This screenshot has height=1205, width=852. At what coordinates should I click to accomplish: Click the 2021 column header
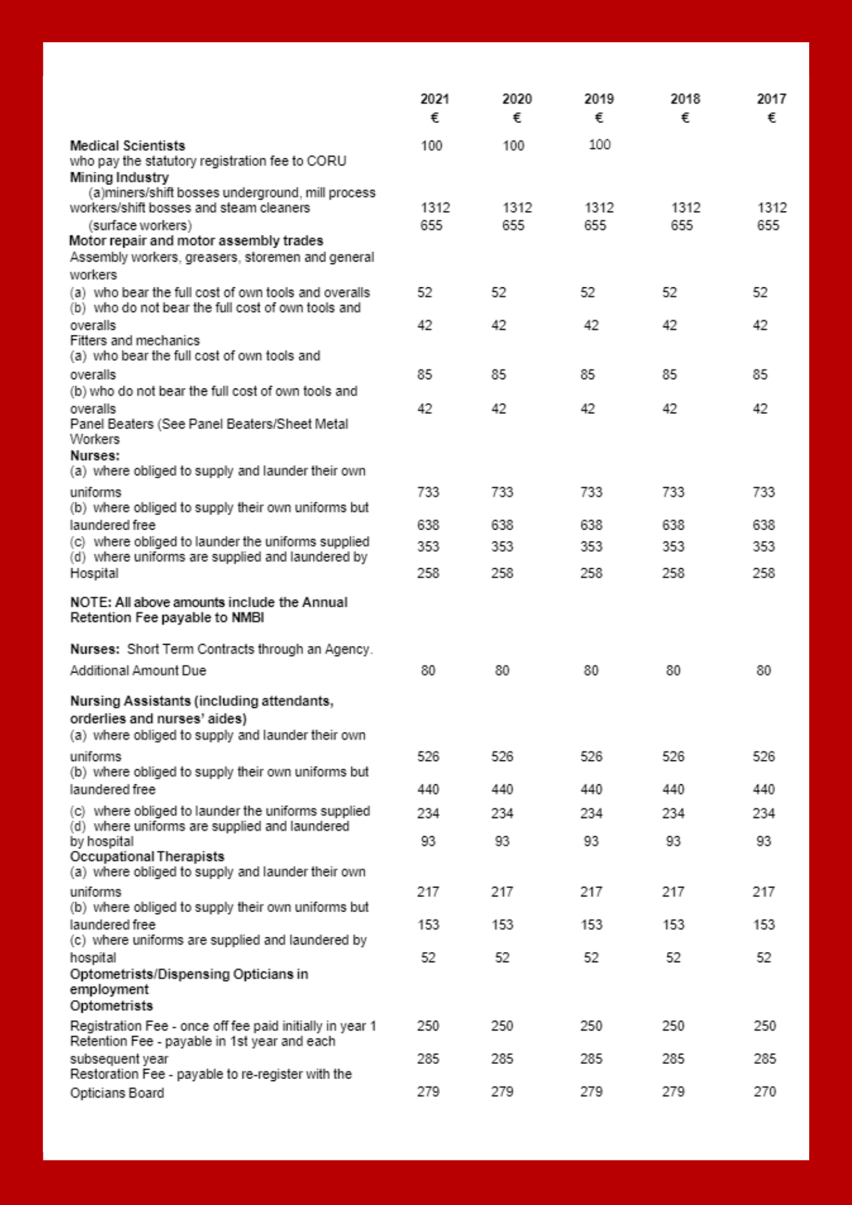434,99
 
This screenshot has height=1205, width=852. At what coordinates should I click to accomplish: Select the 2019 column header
598,99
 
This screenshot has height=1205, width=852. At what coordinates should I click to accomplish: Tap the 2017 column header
771,99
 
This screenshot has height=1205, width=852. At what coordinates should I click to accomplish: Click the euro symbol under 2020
516,118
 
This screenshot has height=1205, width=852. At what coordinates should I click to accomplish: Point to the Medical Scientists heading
127,146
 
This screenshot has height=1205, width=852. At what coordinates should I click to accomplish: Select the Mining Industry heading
119,178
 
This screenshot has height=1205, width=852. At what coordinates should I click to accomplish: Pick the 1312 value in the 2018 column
686,208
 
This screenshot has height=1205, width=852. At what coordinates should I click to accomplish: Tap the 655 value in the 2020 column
513,225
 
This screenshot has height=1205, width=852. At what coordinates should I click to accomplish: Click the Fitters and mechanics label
134,340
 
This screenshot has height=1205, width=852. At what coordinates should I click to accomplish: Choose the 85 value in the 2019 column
587,375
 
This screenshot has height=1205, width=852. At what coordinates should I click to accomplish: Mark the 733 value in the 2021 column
428,492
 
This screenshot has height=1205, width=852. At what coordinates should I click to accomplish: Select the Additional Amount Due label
138,671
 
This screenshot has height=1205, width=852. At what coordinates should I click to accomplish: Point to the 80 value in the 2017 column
763,671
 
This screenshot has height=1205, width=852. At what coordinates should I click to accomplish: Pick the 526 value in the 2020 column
502,757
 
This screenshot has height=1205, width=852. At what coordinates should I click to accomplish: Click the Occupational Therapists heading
147,857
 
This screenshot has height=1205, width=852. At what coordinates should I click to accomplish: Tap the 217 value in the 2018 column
673,892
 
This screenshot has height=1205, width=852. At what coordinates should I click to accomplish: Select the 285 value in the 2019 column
591,1059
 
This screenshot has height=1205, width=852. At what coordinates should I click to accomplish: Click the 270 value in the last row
765,1092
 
